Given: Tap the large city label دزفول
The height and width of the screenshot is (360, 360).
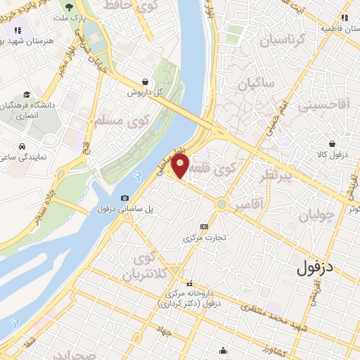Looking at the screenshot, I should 318,267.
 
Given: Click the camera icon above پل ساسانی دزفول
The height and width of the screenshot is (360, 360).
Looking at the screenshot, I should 124,199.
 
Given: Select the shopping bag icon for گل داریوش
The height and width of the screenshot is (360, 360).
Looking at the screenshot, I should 145,82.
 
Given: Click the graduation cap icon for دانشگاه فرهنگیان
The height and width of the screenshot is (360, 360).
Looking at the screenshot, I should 26,95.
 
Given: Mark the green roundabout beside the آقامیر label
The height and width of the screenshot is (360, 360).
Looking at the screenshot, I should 222,205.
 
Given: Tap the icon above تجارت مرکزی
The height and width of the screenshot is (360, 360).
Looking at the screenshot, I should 204,226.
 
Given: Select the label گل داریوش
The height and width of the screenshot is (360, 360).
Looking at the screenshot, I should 145,92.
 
